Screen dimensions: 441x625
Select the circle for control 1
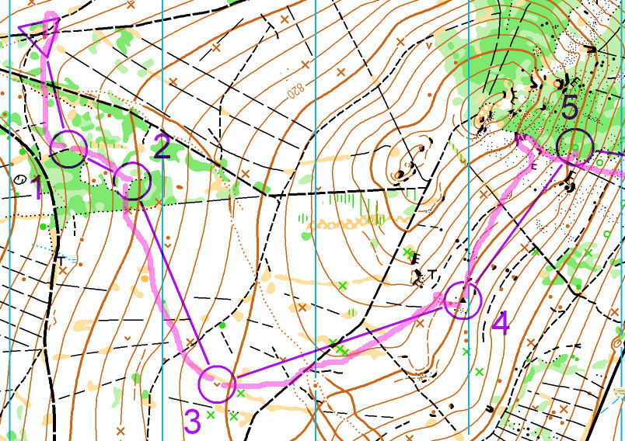point(68,149)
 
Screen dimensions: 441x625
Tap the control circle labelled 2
point(133,182)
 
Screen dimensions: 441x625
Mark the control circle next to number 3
point(217,384)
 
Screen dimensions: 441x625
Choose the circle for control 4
point(463,300)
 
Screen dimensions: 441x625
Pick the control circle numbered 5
point(575,145)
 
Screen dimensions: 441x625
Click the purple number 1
point(36,188)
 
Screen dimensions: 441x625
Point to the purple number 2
point(162,147)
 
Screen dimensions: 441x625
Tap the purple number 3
point(192,421)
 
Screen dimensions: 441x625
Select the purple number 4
point(501,323)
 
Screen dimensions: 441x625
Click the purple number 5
point(570,106)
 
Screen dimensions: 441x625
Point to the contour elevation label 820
point(294,90)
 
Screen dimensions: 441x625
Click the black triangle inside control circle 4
point(463,297)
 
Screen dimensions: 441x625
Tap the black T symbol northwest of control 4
point(430,273)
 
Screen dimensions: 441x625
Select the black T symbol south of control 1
point(61,258)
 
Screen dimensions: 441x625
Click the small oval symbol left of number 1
point(19,179)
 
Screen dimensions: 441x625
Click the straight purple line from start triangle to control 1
point(55,93)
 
